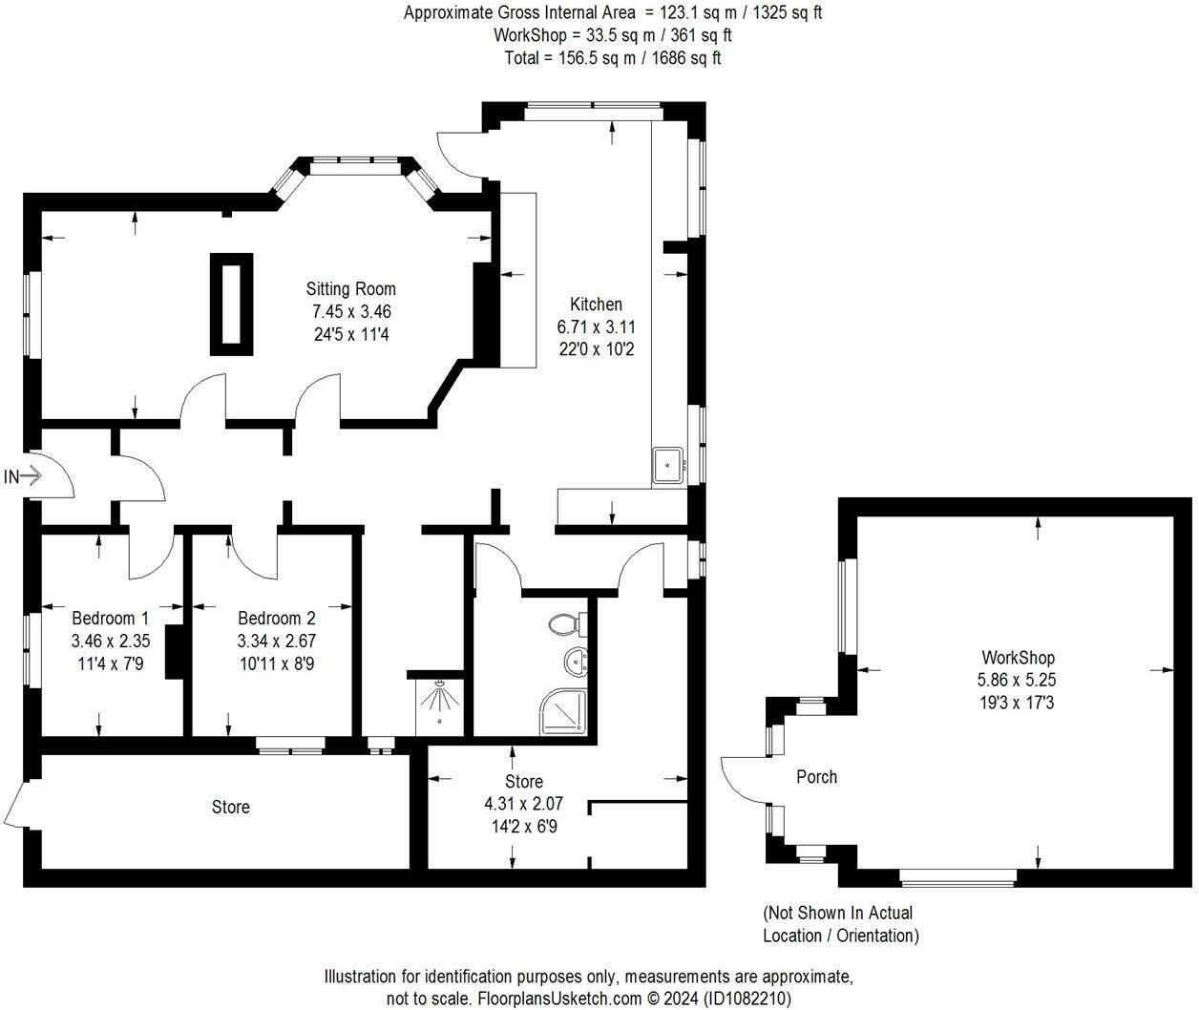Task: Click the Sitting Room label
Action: [x=350, y=288]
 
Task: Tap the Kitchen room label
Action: [x=596, y=304]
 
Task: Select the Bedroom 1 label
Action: [x=110, y=618]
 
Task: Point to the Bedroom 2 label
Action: [x=277, y=618]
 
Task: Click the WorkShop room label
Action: [x=1019, y=657]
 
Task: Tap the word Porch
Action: [x=816, y=777]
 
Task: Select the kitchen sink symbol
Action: [x=667, y=465]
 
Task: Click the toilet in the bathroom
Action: [x=567, y=624]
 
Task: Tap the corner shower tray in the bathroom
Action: [x=564, y=712]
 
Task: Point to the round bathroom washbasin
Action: [x=576, y=663]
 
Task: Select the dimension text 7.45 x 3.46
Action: [x=351, y=311]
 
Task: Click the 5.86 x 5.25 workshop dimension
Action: [x=1017, y=680]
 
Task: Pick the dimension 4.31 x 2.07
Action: [x=524, y=803]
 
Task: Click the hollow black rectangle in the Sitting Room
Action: [x=231, y=305]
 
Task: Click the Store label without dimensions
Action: [x=230, y=807]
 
